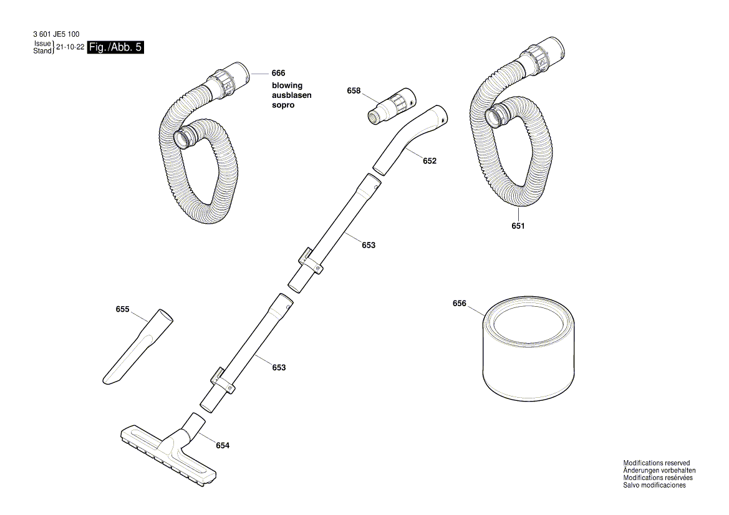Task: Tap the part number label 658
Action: (x=354, y=91)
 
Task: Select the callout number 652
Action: (x=430, y=160)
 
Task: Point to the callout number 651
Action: (x=518, y=226)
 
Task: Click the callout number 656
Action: (x=459, y=304)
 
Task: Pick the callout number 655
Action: (x=123, y=309)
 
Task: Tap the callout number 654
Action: (x=223, y=445)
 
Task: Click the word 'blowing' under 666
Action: (x=287, y=85)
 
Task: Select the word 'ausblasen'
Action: (x=291, y=95)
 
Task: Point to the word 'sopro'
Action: (x=282, y=105)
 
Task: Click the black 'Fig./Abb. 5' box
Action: (x=115, y=47)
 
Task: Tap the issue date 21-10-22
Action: (x=70, y=47)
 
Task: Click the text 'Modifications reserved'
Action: (x=657, y=463)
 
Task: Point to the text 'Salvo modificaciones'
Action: (x=654, y=485)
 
